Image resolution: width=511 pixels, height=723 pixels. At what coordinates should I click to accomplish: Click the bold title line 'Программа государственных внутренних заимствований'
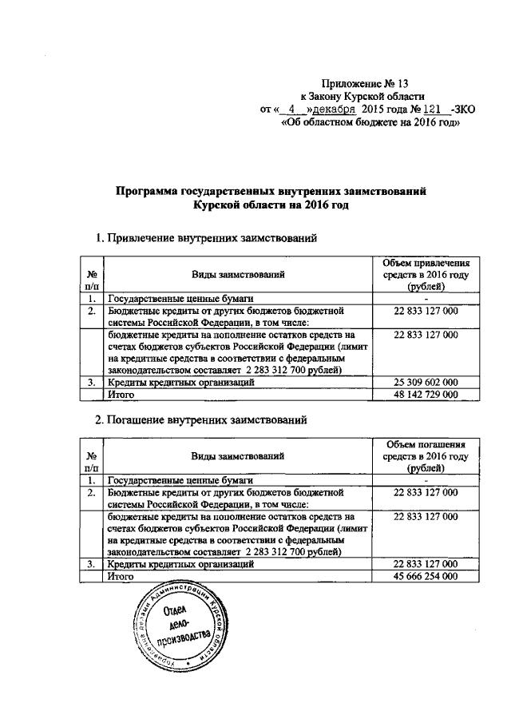275,192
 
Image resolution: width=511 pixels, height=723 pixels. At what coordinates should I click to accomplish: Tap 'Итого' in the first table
121,394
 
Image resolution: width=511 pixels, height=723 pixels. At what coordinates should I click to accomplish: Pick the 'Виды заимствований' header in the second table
238,456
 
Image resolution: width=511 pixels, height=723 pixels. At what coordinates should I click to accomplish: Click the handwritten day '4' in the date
294,109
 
